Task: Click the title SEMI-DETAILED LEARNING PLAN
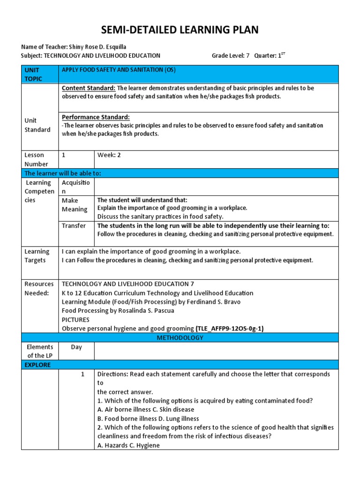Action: (180, 30)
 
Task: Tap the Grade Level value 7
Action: (248, 56)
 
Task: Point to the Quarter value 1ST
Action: (281, 55)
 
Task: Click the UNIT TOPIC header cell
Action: (33, 74)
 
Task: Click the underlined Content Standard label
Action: (89, 88)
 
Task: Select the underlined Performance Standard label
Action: (96, 117)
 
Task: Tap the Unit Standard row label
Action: (37, 125)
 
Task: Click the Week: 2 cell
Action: (109, 155)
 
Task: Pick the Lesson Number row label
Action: (36, 159)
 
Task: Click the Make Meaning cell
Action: (75, 205)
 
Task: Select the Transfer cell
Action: (74, 226)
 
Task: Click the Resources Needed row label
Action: (37, 288)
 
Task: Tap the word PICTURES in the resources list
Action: (76, 320)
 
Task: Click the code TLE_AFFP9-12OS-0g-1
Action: (230, 329)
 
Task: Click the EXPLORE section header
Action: (37, 365)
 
